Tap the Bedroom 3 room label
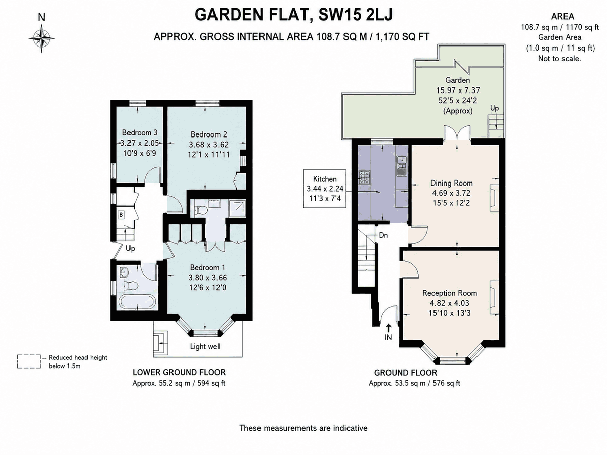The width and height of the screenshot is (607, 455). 140,132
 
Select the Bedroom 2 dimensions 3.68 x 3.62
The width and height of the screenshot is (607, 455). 209,145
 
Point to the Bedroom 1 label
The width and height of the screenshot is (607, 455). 207,267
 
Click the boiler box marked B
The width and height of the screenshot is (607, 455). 121,215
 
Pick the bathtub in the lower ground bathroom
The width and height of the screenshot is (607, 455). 137,302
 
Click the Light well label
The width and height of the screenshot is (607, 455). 205,346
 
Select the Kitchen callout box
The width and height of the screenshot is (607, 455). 325,189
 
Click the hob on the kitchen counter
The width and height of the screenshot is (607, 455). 363,177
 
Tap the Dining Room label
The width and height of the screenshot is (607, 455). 452,183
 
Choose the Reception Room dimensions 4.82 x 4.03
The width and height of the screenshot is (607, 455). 449,303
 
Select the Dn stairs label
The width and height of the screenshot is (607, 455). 383,235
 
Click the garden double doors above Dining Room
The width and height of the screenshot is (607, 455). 457,133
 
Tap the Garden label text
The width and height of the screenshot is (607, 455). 457,80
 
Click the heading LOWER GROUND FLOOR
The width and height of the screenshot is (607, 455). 179,372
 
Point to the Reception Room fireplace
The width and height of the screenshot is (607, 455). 494,298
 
